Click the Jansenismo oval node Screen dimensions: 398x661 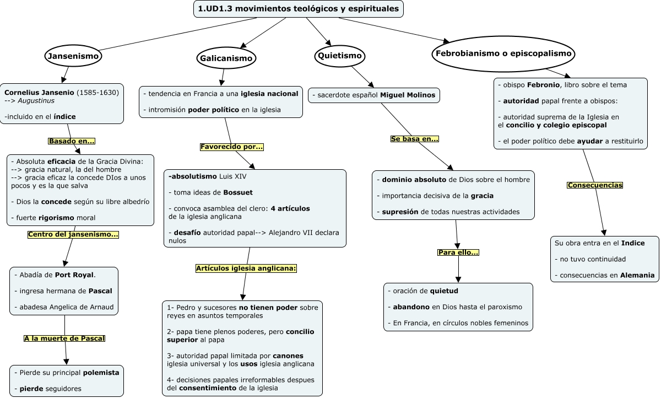[x=73, y=56]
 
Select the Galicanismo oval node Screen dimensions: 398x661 [x=226, y=58]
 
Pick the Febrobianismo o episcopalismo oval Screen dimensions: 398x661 [x=503, y=53]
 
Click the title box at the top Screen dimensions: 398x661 [x=299, y=9]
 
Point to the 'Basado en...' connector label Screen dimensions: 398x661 [x=72, y=141]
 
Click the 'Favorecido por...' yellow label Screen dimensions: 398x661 [x=231, y=147]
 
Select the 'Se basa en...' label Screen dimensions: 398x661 [x=414, y=139]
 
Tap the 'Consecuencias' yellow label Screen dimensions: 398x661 [x=594, y=185]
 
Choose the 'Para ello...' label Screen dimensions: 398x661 [x=458, y=252]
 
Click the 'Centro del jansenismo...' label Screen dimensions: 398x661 [x=73, y=234]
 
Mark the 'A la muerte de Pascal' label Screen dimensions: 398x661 [x=64, y=338]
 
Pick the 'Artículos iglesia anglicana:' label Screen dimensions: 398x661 [x=246, y=268]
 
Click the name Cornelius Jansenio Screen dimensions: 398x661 [x=39, y=92]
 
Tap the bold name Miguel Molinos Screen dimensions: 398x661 [x=407, y=95]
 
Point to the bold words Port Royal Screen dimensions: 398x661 [x=74, y=275]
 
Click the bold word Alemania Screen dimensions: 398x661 [x=637, y=275]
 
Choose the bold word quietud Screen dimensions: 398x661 [x=444, y=291]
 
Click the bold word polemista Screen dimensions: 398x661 [x=101, y=373]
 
